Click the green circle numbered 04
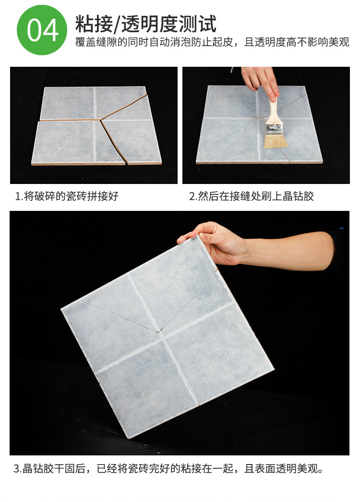coord(42,30)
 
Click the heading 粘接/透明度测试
coord(146,24)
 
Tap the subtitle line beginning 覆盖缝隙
coord(212,42)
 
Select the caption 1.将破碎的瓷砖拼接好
coord(67,196)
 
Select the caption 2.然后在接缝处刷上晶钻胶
coord(251,196)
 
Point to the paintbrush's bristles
coord(276,140)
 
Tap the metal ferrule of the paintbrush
coord(274,129)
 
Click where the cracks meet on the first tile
coord(101,121)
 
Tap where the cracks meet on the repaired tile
coord(158,331)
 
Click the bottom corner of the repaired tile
coord(128,438)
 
